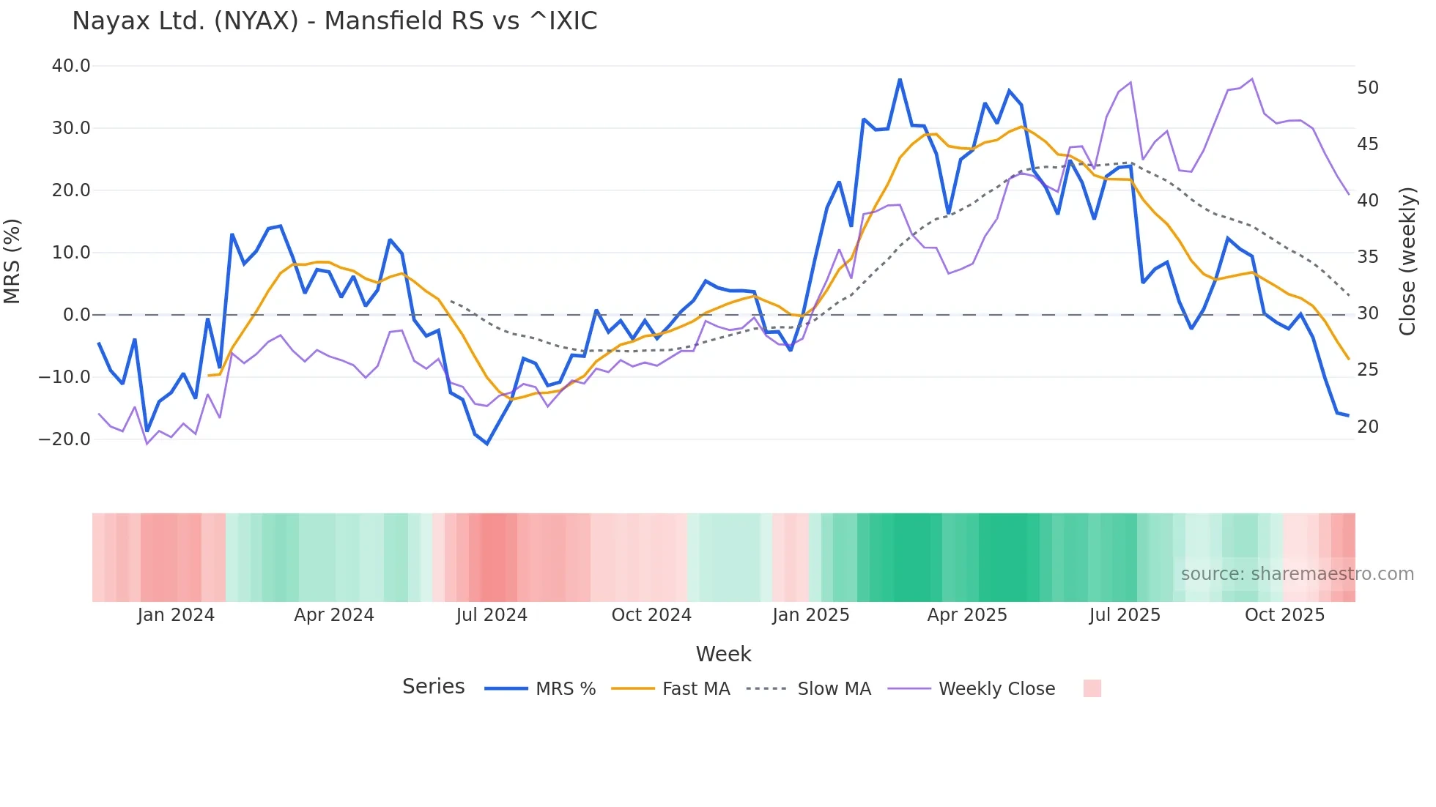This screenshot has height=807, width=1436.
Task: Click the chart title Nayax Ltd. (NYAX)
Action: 334,21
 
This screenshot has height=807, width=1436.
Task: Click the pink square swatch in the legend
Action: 1092,688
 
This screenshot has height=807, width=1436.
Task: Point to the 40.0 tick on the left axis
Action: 71,66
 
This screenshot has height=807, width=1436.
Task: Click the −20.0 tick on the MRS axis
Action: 64,439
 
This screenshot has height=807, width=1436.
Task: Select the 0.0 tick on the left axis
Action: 76,315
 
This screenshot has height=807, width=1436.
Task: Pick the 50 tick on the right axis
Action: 1368,88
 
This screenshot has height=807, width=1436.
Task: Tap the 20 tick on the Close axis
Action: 1368,427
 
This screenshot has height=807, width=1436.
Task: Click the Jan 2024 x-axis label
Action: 176,615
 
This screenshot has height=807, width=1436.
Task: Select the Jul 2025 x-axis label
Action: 1125,615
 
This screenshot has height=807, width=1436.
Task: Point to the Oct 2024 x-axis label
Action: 651,615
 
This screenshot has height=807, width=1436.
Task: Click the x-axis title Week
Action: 723,654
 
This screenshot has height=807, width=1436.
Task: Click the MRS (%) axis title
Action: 12,261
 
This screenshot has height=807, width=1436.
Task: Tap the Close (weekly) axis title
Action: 1407,261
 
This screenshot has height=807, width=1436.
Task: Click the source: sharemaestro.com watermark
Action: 1297,574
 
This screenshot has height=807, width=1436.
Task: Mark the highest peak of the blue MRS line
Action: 900,80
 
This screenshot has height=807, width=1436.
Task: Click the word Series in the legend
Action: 433,687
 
